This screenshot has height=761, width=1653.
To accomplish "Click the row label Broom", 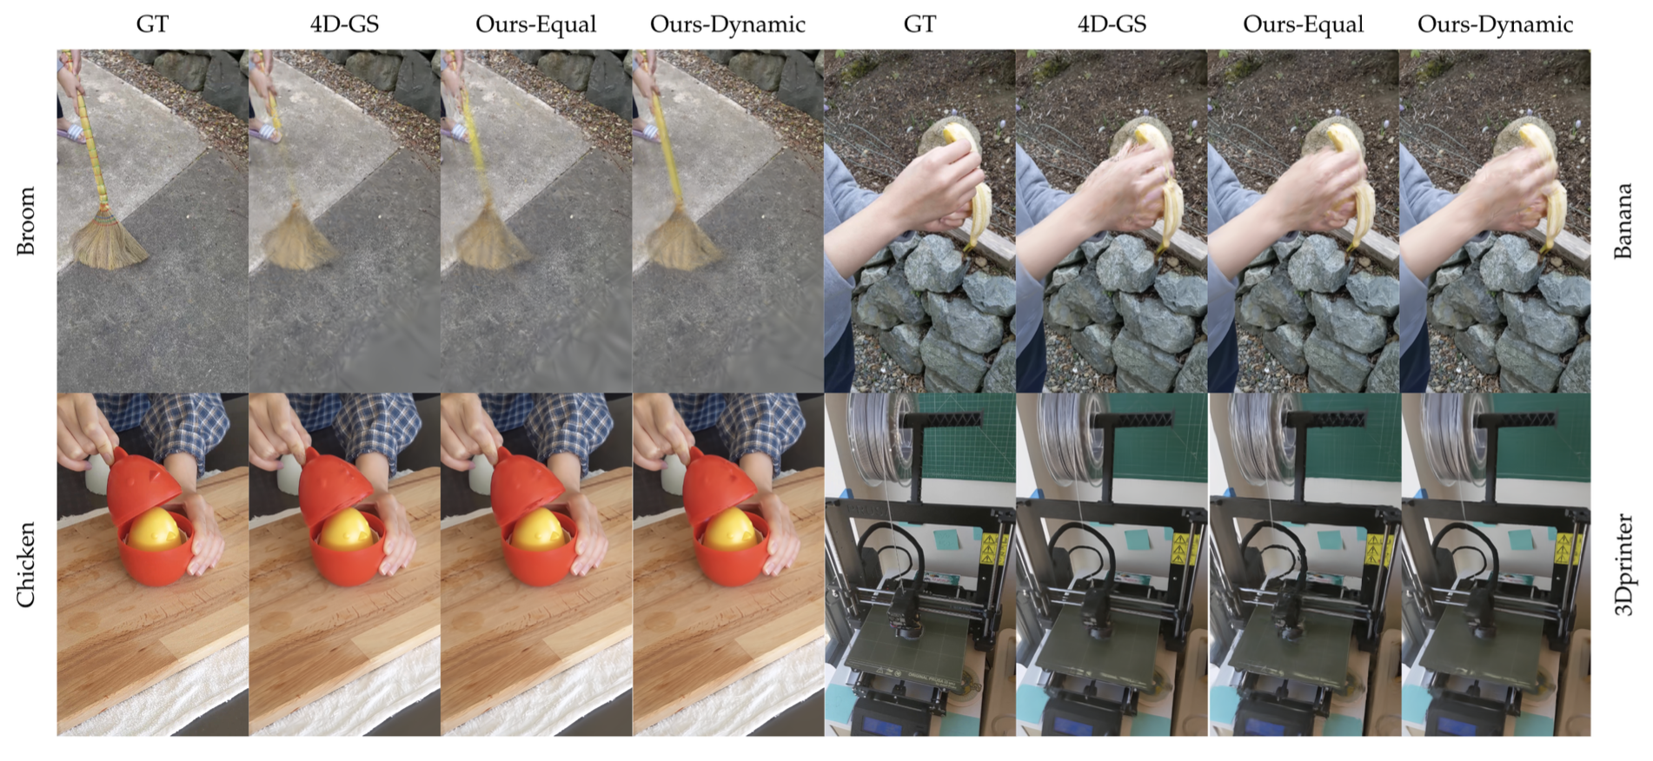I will coord(26,221).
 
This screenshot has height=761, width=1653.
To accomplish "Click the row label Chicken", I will coord(26,564).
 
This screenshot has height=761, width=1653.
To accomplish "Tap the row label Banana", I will coord(1623,221).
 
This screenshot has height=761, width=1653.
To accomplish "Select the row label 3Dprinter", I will coord(1623,565).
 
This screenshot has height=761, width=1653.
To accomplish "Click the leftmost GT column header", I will coord(152,24).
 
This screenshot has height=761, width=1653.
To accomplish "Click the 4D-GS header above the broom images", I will coord(344,24).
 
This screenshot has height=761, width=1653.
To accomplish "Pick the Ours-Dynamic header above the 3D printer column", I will coord(1495,24).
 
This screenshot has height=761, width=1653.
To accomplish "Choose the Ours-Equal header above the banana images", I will coord(1303,24).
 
